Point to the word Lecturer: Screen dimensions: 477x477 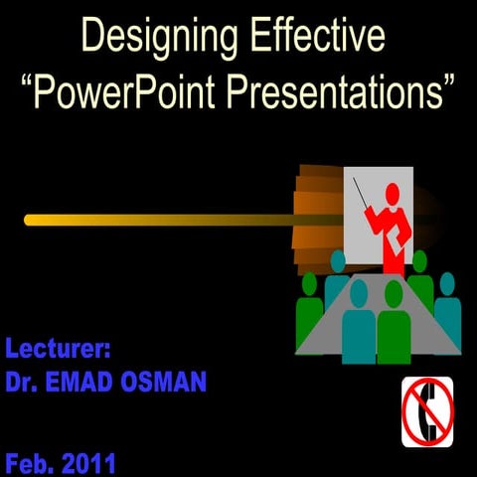pyautogui.click(x=58, y=349)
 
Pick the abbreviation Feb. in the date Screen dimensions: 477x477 pyautogui.click(x=30, y=463)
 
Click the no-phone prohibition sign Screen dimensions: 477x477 pyautogui.click(x=427, y=411)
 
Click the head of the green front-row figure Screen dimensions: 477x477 pyautogui.click(x=394, y=294)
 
